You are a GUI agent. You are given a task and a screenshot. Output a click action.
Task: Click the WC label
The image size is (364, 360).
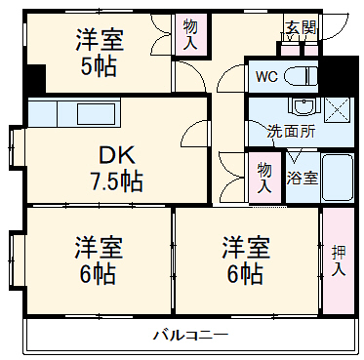pyautogui.click(x=265, y=76)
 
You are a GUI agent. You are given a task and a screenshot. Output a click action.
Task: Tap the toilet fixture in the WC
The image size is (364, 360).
pyautogui.click(x=302, y=76)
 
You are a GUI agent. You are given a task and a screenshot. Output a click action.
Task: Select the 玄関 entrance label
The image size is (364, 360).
pyautogui.click(x=300, y=28)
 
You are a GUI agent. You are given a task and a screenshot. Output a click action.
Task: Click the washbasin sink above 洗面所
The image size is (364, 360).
pyautogui.click(x=302, y=106)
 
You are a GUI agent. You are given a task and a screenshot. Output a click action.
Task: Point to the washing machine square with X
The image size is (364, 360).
pyautogui.click(x=338, y=109)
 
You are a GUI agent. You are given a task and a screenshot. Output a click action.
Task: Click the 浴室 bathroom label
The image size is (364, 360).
pyautogui.click(x=302, y=178)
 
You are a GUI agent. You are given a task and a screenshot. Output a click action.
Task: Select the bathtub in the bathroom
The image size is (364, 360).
pyautogui.click(x=337, y=178)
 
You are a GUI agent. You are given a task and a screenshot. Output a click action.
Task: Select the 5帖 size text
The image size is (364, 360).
pyautogui.click(x=98, y=68)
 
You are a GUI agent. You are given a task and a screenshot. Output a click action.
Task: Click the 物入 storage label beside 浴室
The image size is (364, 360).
pyautogui.click(x=263, y=178)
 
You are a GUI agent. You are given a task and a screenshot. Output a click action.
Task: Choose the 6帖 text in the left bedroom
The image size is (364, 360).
pyautogui.click(x=96, y=273)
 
